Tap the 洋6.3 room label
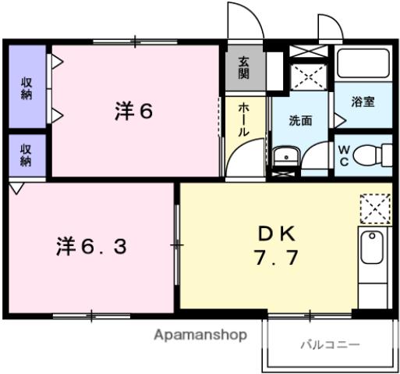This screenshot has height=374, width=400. coord(90,246)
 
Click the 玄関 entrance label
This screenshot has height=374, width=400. coord(245,69)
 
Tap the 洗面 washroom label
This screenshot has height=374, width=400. coord(300,121)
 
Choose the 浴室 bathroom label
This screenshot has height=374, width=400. coord(363,102)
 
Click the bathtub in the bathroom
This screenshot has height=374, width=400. coord(363,65)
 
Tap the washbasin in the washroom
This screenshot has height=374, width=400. coord(286,157)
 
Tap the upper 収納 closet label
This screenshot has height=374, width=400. coord(27,88)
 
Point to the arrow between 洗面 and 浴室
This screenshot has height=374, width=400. coord(339,119)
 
